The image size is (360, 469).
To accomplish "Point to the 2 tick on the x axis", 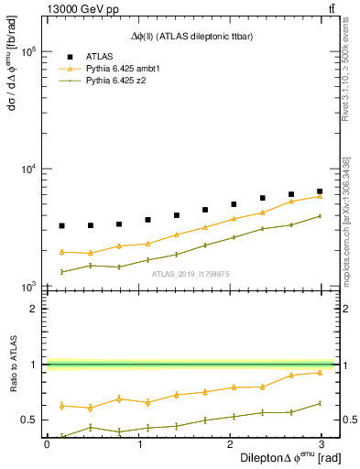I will coord(234,443).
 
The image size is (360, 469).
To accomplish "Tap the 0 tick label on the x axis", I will coord(47,443).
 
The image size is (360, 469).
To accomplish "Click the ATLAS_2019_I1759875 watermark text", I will coord(191,274).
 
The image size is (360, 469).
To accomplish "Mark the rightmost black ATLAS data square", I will coord(320,191).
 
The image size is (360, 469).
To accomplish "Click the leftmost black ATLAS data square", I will coord(61,225).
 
